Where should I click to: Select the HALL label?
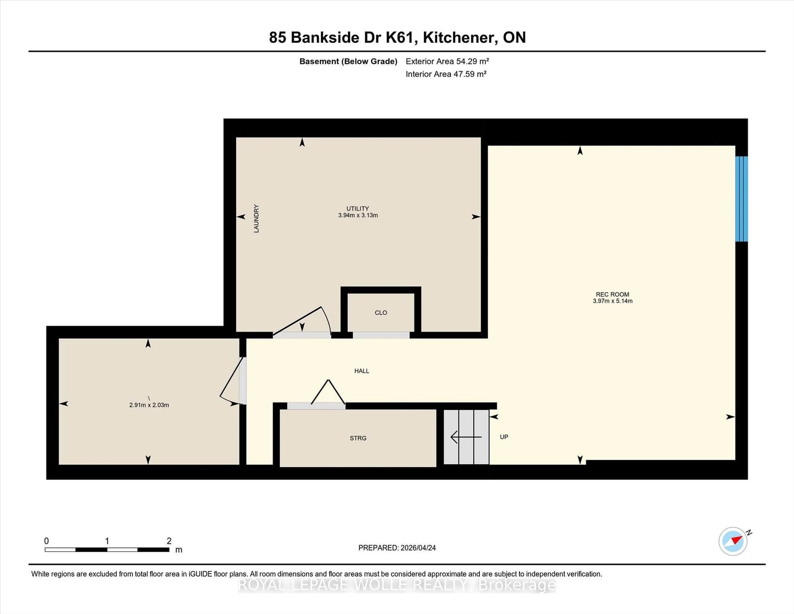tap(361, 371)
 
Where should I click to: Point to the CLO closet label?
tap(381, 312)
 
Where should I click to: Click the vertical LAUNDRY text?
tap(256, 218)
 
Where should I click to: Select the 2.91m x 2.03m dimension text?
tap(149, 405)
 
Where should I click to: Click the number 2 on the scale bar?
tap(169, 541)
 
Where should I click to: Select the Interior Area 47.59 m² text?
tap(446, 74)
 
